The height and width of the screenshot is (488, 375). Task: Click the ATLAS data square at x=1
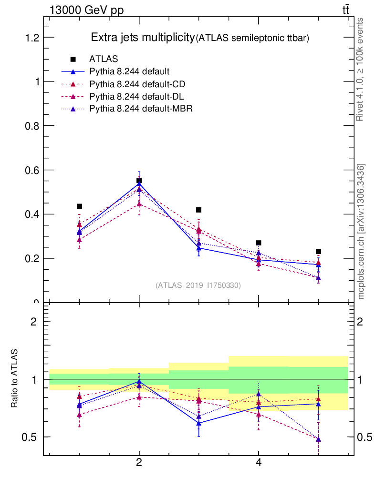click(x=80, y=206)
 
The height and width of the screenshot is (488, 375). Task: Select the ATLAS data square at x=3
click(x=199, y=210)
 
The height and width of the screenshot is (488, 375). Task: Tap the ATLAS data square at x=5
click(x=318, y=251)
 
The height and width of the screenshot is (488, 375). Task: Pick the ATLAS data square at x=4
click(x=259, y=243)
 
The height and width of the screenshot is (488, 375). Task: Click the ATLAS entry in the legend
click(x=104, y=59)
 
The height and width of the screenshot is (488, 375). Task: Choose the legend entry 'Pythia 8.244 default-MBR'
click(x=140, y=109)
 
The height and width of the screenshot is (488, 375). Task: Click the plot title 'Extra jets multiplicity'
click(x=143, y=38)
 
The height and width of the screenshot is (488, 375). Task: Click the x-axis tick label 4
click(x=259, y=463)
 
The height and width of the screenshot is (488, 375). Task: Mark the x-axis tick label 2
click(x=139, y=463)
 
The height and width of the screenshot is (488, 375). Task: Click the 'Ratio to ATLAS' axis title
click(x=15, y=378)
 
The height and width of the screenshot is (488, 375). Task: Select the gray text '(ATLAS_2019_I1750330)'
click(x=198, y=285)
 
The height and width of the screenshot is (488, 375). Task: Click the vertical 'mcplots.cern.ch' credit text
click(x=361, y=232)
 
